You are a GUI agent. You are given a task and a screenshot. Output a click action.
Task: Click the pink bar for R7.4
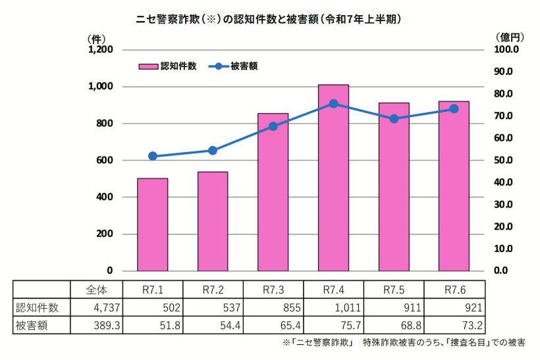(x=333, y=178)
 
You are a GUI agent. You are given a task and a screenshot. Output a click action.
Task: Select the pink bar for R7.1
(x=152, y=224)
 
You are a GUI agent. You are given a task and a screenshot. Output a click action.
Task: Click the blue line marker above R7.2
(x=213, y=151)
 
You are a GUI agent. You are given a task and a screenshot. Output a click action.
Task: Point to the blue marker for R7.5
(x=394, y=119)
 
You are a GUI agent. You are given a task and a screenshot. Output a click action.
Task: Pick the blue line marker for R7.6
(x=454, y=109)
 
